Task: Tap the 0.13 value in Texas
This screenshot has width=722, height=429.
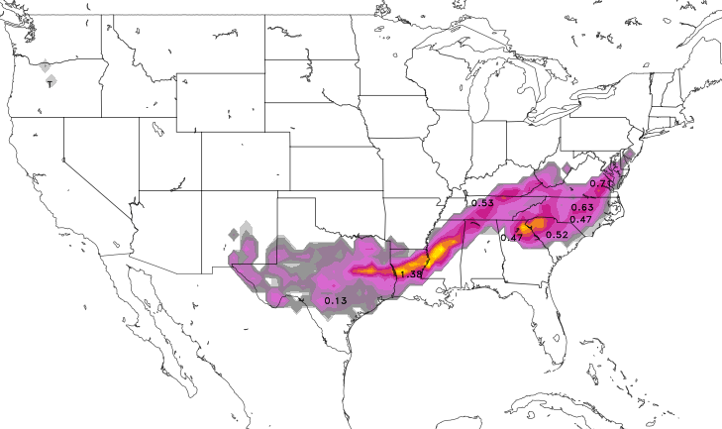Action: [x=335, y=300]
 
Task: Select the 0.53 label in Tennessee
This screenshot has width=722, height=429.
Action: [x=482, y=203]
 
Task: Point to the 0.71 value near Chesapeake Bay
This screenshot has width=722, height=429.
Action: [x=600, y=183]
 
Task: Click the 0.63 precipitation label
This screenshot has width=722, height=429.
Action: [x=581, y=207]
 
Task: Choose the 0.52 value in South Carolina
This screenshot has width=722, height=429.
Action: [x=557, y=234]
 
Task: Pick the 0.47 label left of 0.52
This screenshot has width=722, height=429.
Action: [x=511, y=237]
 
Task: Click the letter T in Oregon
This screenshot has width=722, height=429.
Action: [x=50, y=84]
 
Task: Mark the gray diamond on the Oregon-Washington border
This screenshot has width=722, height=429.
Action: [x=46, y=65]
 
